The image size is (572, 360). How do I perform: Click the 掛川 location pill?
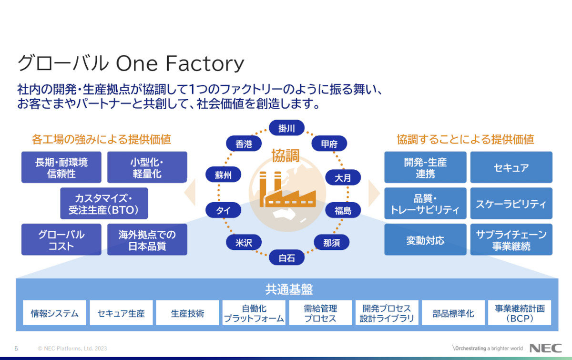coord(286,128)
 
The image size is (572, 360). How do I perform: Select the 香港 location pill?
coord(244,144)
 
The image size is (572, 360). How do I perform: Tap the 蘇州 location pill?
coord(223,175)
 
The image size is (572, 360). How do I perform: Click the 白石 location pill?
coord(286,258)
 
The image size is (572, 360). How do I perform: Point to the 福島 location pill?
coord(343,210)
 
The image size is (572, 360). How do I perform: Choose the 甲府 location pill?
coord(329,144)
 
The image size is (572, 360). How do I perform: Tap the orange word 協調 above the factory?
coord(286,155)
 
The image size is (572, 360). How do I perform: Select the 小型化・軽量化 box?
coord(147,168)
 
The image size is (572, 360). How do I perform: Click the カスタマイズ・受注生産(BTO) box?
coord(104,204)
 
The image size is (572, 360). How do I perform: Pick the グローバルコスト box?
coord(61,240)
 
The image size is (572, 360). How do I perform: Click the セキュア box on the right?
coord(511,167)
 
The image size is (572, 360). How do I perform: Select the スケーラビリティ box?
coord(511,204)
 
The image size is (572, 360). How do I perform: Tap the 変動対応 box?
coord(425,240)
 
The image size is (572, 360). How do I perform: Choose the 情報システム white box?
coord(55,313)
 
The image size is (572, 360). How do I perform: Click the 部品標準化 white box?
coord(453,313)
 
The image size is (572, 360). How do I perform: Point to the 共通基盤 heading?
coord(289,289)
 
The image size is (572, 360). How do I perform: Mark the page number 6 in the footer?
coord(16,349)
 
